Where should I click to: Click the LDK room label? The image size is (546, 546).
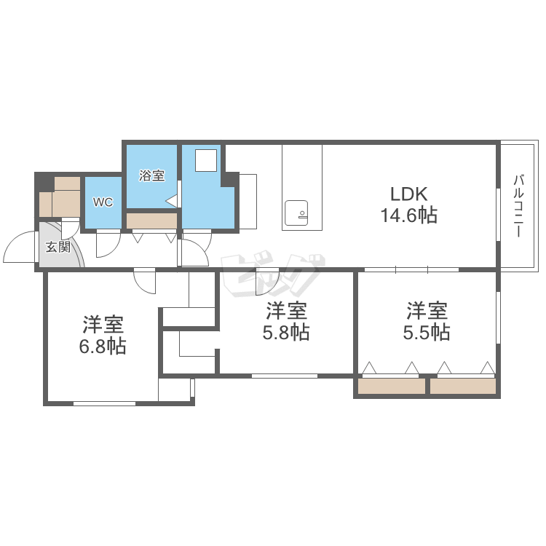tap(409, 194)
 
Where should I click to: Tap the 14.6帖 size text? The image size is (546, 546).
tap(409, 215)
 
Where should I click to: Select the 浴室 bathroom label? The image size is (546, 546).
tap(151, 175)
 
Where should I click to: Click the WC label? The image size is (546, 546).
tap(103, 202)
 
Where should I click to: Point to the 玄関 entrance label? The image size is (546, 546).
tap(58, 247)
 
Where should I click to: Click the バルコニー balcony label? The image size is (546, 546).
tap(518, 206)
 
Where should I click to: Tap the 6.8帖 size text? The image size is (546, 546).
tap(103, 347)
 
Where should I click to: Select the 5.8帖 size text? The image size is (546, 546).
tap(286, 332)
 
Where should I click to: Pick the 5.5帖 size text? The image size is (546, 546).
tap(427, 332)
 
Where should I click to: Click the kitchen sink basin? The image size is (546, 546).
tap(296, 213)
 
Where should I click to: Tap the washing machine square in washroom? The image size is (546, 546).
tap(206, 160)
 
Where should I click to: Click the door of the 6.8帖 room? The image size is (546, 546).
tap(144, 281)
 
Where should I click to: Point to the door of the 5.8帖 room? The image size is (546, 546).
tap(266, 281)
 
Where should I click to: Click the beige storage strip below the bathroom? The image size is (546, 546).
tap(151, 221)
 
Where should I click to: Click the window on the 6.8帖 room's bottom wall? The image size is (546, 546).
tap(104, 403)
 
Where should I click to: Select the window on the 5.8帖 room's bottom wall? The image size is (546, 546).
tap(285, 376)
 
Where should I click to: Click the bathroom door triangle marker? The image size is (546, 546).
tap(172, 201)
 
